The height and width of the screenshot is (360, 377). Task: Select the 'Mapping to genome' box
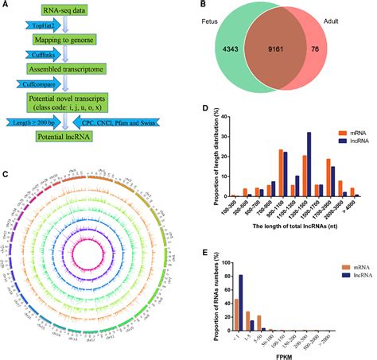tap(73, 38)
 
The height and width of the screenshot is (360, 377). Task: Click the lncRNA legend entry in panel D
tap(343, 137)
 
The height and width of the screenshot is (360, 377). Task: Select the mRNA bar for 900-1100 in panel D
tap(258, 172)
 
